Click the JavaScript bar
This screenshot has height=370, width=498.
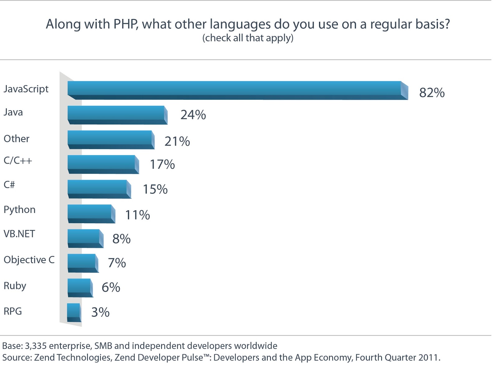[x=237, y=90]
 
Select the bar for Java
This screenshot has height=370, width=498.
[x=117, y=115]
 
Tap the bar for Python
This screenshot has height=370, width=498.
[x=91, y=213]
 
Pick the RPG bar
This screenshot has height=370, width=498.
[x=74, y=312]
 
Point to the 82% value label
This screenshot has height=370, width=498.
[x=432, y=93]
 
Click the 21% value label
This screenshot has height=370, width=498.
[x=177, y=142]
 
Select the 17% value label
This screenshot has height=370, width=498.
[x=162, y=165]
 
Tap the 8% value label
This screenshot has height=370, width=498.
[x=121, y=239]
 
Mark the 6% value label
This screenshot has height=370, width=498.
[x=111, y=287]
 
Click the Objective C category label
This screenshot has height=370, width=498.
[x=29, y=260]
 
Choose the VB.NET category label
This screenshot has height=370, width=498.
[x=19, y=234]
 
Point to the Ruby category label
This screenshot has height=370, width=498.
[x=15, y=286]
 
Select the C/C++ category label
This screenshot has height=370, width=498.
[x=18, y=161]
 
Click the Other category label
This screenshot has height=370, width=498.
[x=16, y=138]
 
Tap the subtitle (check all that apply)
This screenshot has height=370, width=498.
[x=248, y=38]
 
